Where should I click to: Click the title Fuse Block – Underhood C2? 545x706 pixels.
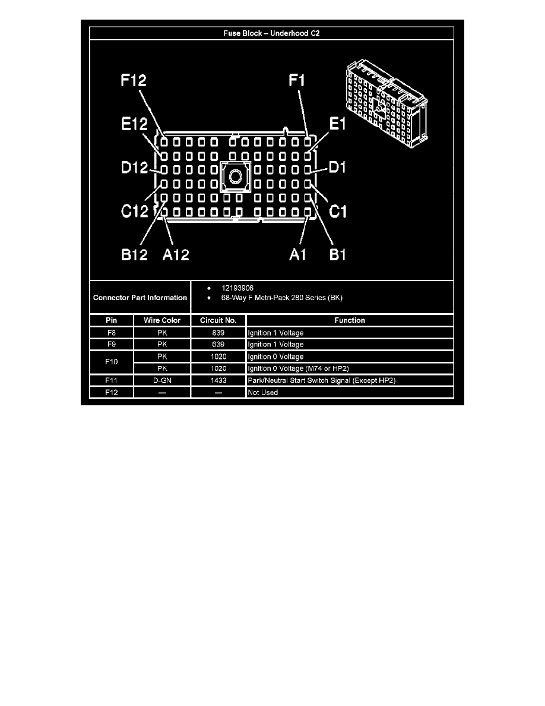(x=271, y=33)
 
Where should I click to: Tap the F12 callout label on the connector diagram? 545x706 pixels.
(x=134, y=81)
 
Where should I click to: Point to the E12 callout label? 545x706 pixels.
(x=131, y=124)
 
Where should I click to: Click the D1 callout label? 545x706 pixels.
(x=337, y=168)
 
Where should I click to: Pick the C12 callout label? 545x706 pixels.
(x=134, y=211)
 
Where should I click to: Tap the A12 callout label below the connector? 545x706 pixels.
(x=176, y=254)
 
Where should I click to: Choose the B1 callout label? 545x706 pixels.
(x=337, y=254)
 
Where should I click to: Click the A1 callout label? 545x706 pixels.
(x=300, y=254)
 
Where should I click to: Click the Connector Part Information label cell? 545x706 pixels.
(x=140, y=297)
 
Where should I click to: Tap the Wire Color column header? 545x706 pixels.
(x=162, y=320)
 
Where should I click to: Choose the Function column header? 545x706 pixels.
(x=350, y=320)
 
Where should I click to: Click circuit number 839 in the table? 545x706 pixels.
(x=218, y=333)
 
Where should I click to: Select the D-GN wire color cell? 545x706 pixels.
(x=162, y=380)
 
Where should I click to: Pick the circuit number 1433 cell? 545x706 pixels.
(x=218, y=380)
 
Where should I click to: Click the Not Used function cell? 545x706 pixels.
(x=262, y=392)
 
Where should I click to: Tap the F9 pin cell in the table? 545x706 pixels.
(x=112, y=345)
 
